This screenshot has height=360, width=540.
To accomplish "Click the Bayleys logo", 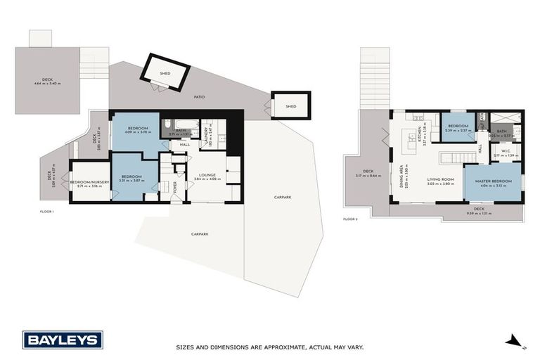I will click(x=63, y=340).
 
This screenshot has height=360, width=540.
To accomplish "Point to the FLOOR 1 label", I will click(x=48, y=210).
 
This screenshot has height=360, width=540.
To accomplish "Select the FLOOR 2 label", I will click(x=350, y=219).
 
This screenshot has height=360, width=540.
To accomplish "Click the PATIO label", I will click(x=200, y=96).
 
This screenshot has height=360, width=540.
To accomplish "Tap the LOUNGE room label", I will click(x=207, y=174).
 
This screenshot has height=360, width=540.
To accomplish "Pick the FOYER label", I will click(x=175, y=186).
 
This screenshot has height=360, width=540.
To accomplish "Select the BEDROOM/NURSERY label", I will click(x=89, y=182).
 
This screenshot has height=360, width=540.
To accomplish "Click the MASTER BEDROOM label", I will click(x=492, y=181).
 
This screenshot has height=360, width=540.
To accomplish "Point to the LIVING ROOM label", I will click(x=440, y=179).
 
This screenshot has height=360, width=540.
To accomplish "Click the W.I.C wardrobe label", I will click(x=506, y=150).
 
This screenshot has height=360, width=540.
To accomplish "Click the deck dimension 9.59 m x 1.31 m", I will click(x=480, y=212).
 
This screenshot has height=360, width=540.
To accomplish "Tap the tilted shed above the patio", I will click(x=166, y=73).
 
